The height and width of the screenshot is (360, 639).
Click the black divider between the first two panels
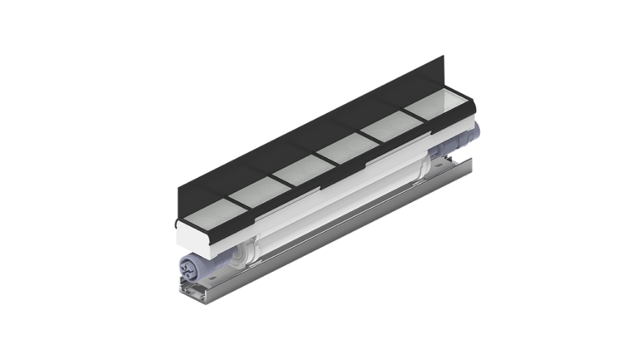coord(227,205)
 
